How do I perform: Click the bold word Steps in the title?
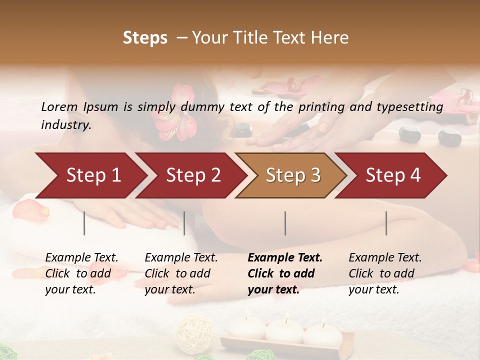[145, 37]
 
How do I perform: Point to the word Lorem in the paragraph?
[59, 106]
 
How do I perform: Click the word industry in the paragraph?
[66, 124]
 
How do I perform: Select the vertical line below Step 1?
[84, 223]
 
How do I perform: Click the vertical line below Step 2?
[184, 223]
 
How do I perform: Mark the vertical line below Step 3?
[285, 223]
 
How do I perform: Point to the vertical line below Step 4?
[386, 223]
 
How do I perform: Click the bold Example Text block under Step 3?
[285, 273]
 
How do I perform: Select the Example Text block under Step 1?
[81, 273]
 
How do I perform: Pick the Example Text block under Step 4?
[385, 273]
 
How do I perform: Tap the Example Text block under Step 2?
[181, 273]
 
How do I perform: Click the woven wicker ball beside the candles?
[195, 332]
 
